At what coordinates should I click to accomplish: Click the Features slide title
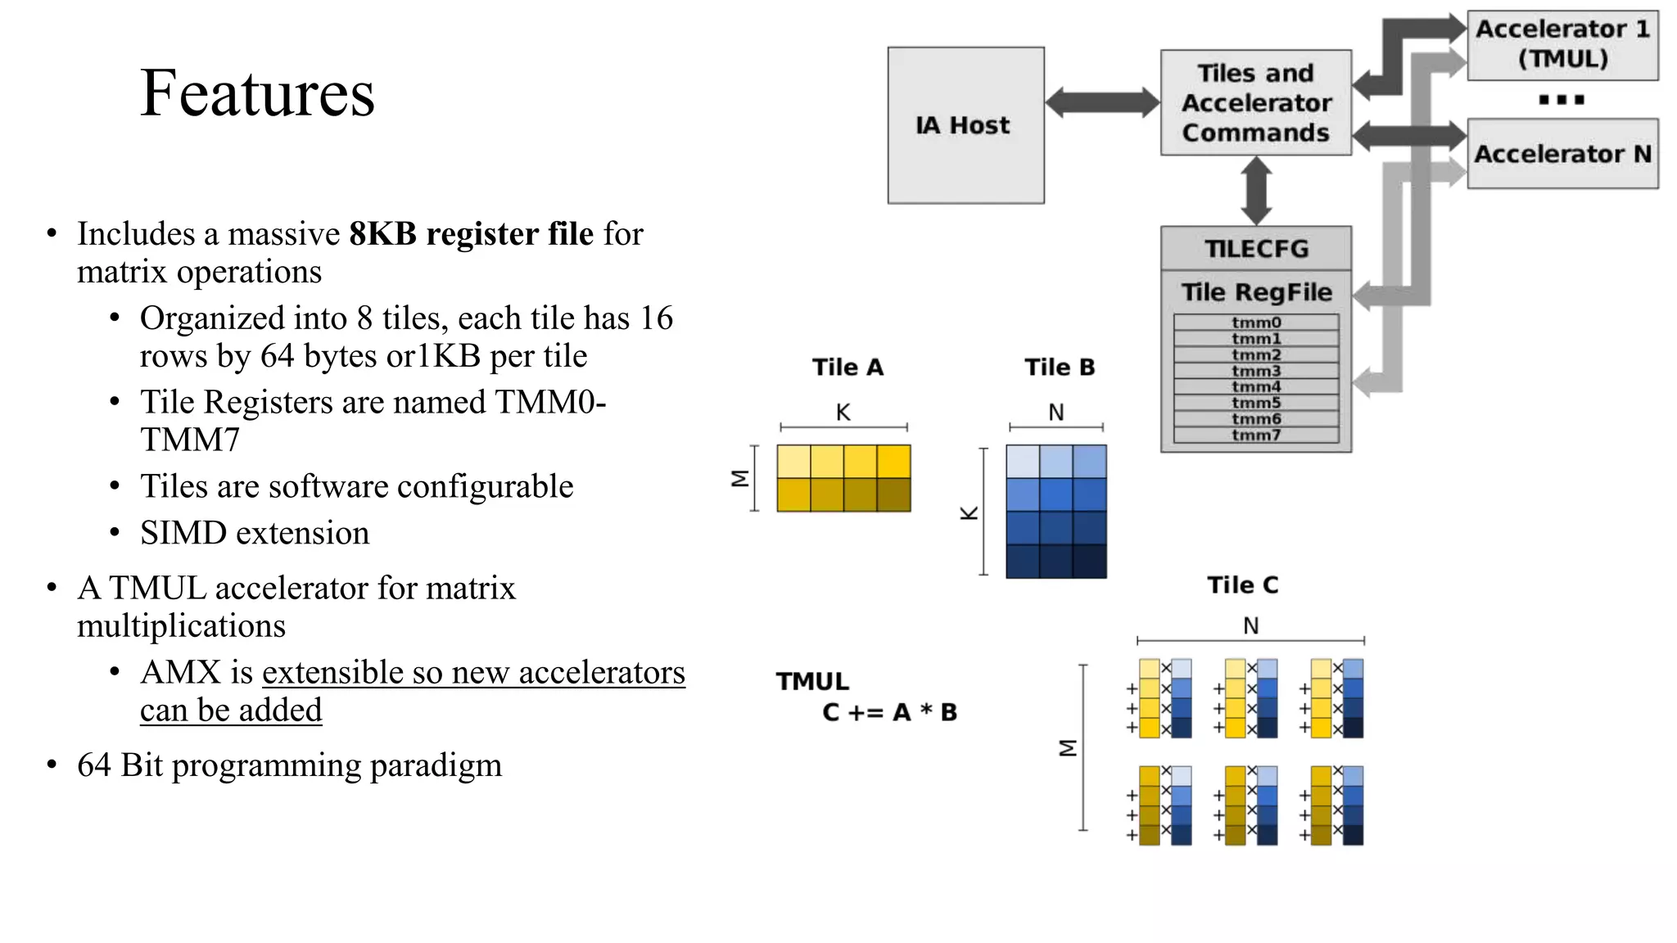click(x=257, y=93)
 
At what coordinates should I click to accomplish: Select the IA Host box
click(x=965, y=125)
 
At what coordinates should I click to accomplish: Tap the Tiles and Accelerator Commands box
click(x=1255, y=103)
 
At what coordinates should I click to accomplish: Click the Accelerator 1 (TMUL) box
click(x=1562, y=44)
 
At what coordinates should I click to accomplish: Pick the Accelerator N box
click(x=1562, y=154)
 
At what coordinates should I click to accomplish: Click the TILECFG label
click(x=1255, y=249)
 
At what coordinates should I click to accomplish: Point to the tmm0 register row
click(x=1255, y=323)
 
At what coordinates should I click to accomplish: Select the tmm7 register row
click(x=1255, y=435)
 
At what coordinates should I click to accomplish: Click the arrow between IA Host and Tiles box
click(x=1102, y=103)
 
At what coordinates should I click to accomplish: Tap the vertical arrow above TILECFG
click(x=1256, y=191)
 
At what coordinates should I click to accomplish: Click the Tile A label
click(x=848, y=368)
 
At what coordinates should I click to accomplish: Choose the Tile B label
click(x=1059, y=368)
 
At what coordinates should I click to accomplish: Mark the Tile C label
click(x=1242, y=585)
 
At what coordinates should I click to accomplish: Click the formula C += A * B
click(x=889, y=712)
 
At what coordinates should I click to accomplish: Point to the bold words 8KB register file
click(x=471, y=234)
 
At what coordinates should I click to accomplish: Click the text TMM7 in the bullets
click(x=190, y=440)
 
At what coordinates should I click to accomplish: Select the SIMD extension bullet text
click(x=255, y=534)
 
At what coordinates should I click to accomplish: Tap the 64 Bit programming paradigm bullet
click(x=289, y=765)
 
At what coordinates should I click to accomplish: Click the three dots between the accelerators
click(x=1561, y=100)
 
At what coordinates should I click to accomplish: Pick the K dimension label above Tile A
click(x=843, y=413)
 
